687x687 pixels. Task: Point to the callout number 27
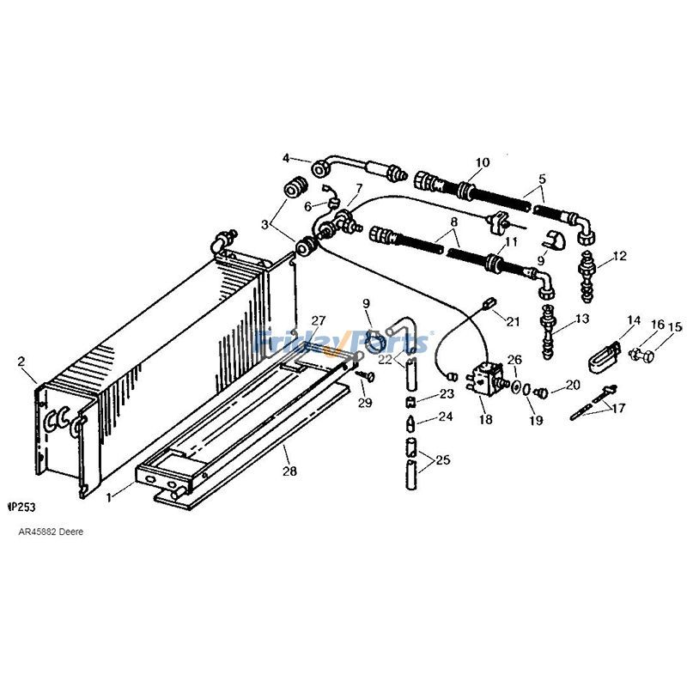pyautogui.click(x=318, y=320)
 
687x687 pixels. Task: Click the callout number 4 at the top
pyautogui.click(x=287, y=157)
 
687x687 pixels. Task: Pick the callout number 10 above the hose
pyautogui.click(x=482, y=161)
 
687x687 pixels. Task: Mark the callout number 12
pyautogui.click(x=621, y=256)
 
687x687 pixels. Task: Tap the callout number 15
pyautogui.click(x=674, y=326)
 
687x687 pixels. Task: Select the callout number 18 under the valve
pyautogui.click(x=486, y=421)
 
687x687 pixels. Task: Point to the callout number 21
pyautogui.click(x=513, y=321)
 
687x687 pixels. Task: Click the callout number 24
pyautogui.click(x=445, y=417)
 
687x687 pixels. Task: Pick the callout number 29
pyautogui.click(x=365, y=403)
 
